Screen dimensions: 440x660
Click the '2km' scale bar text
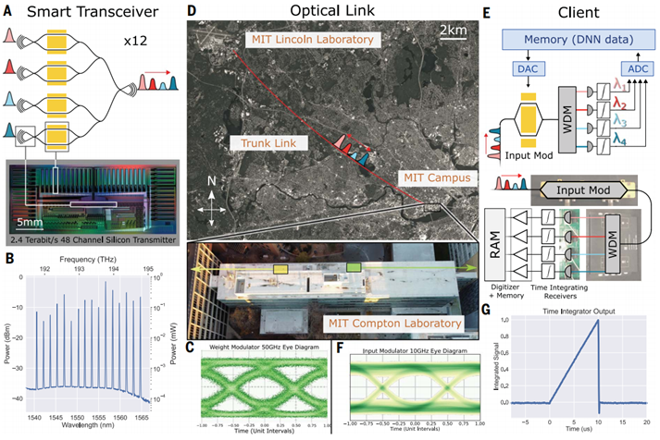coord(450,31)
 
